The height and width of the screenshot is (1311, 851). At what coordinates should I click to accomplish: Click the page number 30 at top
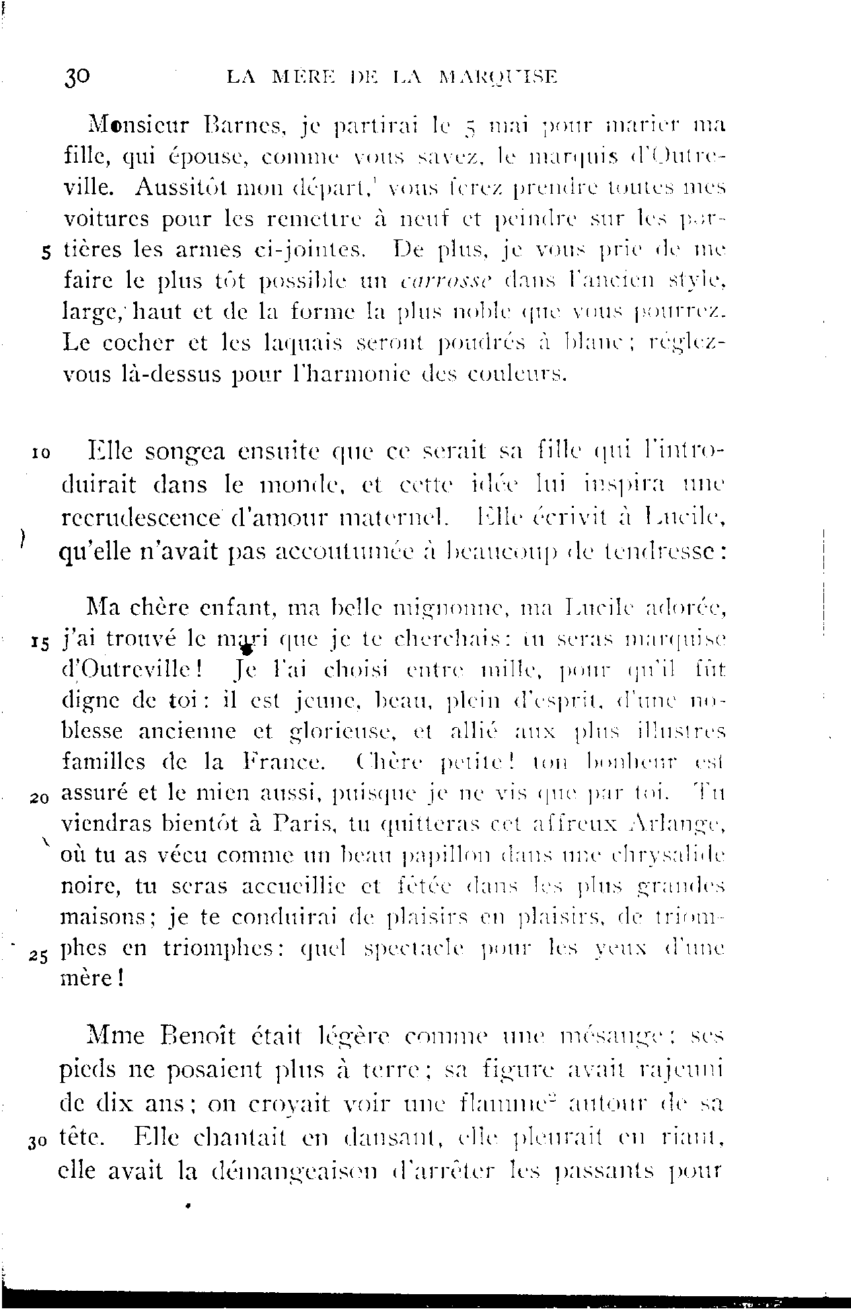[77, 76]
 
